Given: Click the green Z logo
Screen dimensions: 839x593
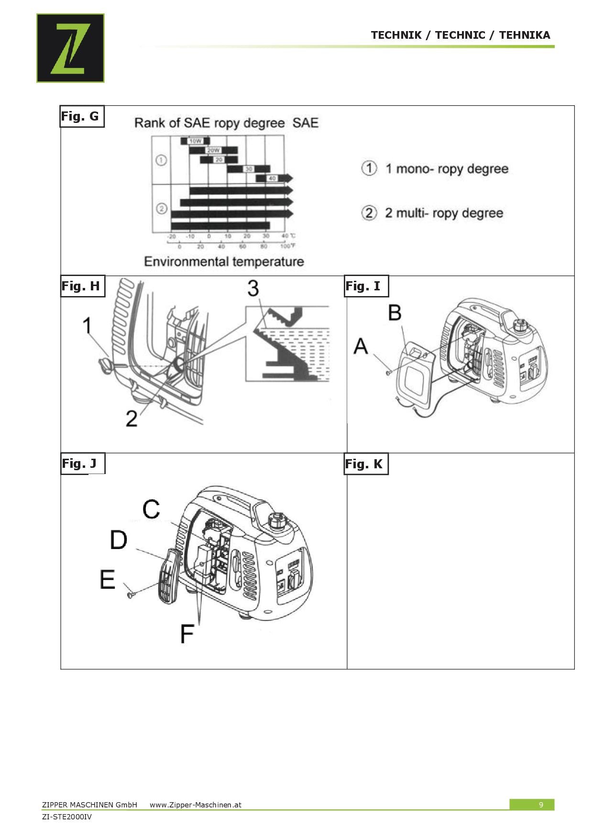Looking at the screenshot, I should [70, 48].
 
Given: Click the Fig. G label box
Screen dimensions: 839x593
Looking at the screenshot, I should [81, 116].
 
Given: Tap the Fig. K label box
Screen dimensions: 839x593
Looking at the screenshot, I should [366, 464].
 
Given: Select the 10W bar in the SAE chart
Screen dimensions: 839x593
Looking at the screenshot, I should [195, 141].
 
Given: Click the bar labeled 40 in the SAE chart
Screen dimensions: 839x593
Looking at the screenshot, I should [273, 178].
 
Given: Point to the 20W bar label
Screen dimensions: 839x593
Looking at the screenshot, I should [213, 150].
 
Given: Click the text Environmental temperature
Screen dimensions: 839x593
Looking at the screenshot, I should [224, 262].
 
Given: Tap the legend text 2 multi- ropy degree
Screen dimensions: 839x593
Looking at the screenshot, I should [443, 213].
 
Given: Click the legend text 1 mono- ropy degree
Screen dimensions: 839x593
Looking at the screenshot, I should [446, 169].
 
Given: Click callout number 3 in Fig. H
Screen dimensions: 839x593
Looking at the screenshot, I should [253, 288].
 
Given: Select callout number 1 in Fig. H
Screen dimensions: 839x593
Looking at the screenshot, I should [87, 326].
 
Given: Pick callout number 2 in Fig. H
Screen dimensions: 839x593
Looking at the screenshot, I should [132, 418].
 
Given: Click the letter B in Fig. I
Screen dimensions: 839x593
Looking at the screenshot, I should [395, 313].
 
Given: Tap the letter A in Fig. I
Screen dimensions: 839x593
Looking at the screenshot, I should [361, 345].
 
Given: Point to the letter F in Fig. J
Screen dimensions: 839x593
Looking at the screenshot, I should [187, 634].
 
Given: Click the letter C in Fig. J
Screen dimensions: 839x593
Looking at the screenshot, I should [151, 509].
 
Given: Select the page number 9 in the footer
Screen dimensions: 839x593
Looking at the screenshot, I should [541, 805].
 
